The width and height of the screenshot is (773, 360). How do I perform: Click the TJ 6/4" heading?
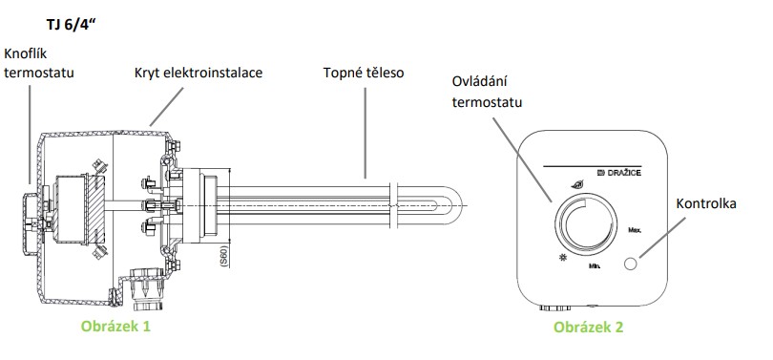(x=70, y=25)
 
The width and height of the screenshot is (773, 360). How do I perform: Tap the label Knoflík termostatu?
(x=38, y=63)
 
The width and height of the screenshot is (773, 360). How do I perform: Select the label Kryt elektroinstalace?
(x=198, y=73)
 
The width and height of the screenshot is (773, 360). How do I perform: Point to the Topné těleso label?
(x=364, y=73)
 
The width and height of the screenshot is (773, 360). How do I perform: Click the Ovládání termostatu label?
(x=487, y=92)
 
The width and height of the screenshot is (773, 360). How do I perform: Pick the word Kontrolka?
(x=706, y=203)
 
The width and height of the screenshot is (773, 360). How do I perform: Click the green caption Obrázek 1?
(x=115, y=326)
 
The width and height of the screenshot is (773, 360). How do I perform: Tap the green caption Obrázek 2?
(x=588, y=327)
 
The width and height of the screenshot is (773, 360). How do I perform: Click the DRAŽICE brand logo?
(x=618, y=173)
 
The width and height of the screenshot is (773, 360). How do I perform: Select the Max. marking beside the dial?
(x=635, y=230)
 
